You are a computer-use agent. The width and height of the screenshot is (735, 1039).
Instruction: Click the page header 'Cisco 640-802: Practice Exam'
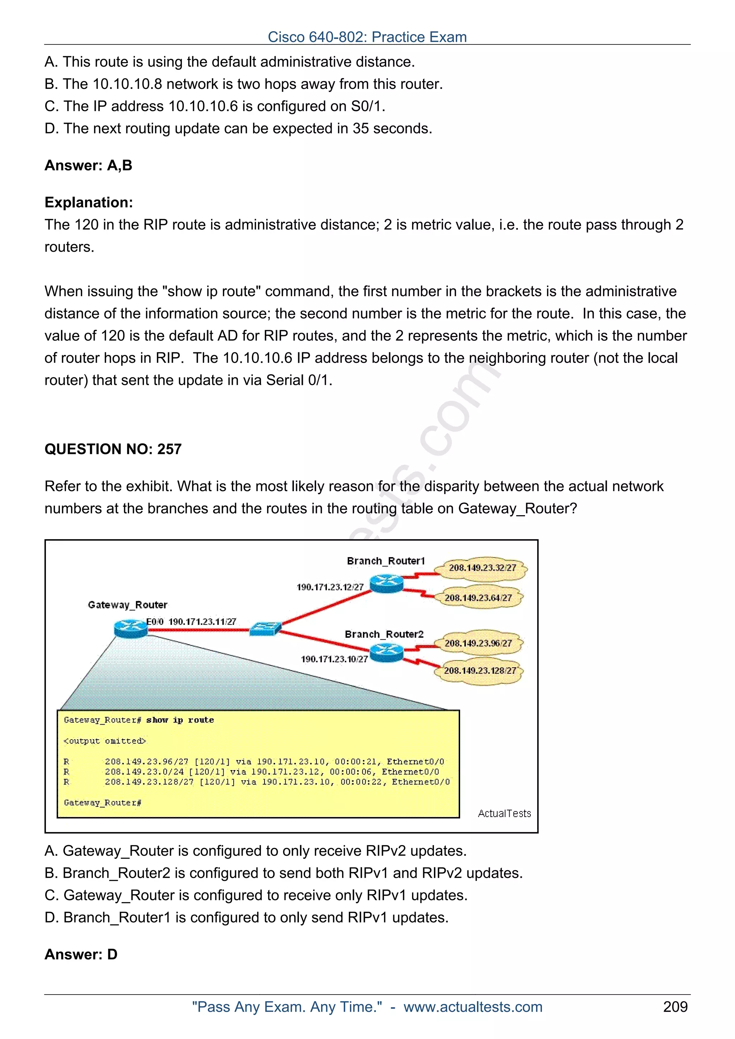[367, 37]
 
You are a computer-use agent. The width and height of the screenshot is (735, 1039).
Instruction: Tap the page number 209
[675, 1006]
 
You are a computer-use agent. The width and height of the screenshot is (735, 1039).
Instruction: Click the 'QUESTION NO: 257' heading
[113, 449]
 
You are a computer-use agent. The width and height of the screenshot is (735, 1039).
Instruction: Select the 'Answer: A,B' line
[88, 165]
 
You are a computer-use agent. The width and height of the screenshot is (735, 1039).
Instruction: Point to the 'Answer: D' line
[81, 954]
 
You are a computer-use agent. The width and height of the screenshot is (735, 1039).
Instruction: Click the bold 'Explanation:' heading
[89, 202]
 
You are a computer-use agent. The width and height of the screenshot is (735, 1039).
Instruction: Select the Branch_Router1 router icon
[386, 583]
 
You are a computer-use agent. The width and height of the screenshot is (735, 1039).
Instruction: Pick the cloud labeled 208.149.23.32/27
[482, 568]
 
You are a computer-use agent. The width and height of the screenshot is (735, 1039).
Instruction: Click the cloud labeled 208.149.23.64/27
[478, 598]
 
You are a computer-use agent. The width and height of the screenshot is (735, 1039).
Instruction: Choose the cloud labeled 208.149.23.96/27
[478, 643]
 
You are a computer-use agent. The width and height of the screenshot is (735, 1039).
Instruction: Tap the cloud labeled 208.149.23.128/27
[479, 671]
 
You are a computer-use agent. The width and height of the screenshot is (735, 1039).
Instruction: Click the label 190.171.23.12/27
[330, 587]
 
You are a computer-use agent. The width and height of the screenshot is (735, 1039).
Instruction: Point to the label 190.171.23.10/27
[334, 659]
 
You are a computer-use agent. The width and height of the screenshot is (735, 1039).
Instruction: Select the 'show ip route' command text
[180, 720]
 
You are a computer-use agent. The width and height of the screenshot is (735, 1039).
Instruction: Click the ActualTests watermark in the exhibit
[504, 813]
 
